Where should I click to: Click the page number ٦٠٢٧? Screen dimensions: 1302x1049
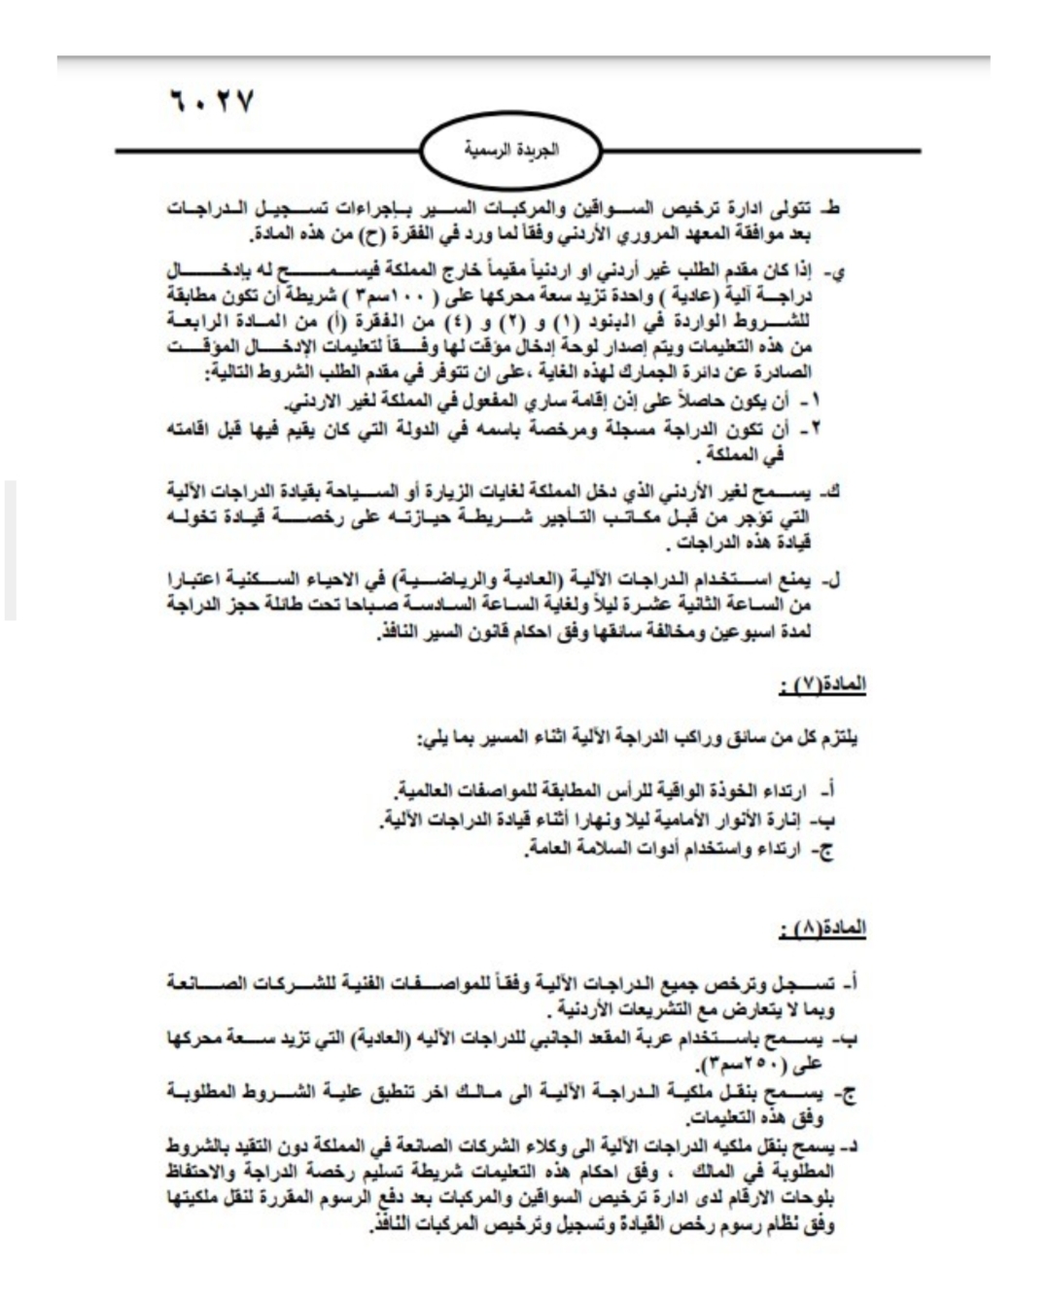point(211,101)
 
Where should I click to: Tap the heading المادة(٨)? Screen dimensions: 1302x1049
point(822,929)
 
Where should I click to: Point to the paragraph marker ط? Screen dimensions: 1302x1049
point(831,209)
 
